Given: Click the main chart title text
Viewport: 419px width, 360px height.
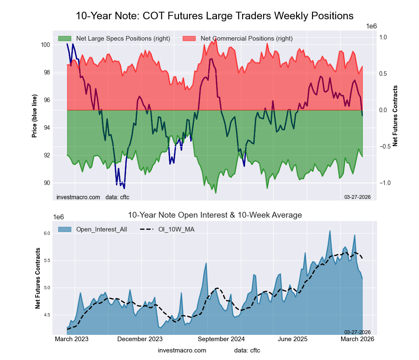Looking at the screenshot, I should click(x=215, y=16).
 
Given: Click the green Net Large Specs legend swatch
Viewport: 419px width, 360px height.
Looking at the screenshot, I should click(x=65, y=39).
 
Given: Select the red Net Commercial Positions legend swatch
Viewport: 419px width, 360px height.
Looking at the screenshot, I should click(x=189, y=39).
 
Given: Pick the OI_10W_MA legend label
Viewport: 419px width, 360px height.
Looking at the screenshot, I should click(x=176, y=229).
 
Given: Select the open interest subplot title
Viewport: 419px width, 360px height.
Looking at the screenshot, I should click(x=215, y=215).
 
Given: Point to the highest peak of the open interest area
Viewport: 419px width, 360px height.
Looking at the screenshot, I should click(x=330, y=231).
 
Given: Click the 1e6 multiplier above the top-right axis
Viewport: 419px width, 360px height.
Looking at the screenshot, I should click(x=372, y=26).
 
